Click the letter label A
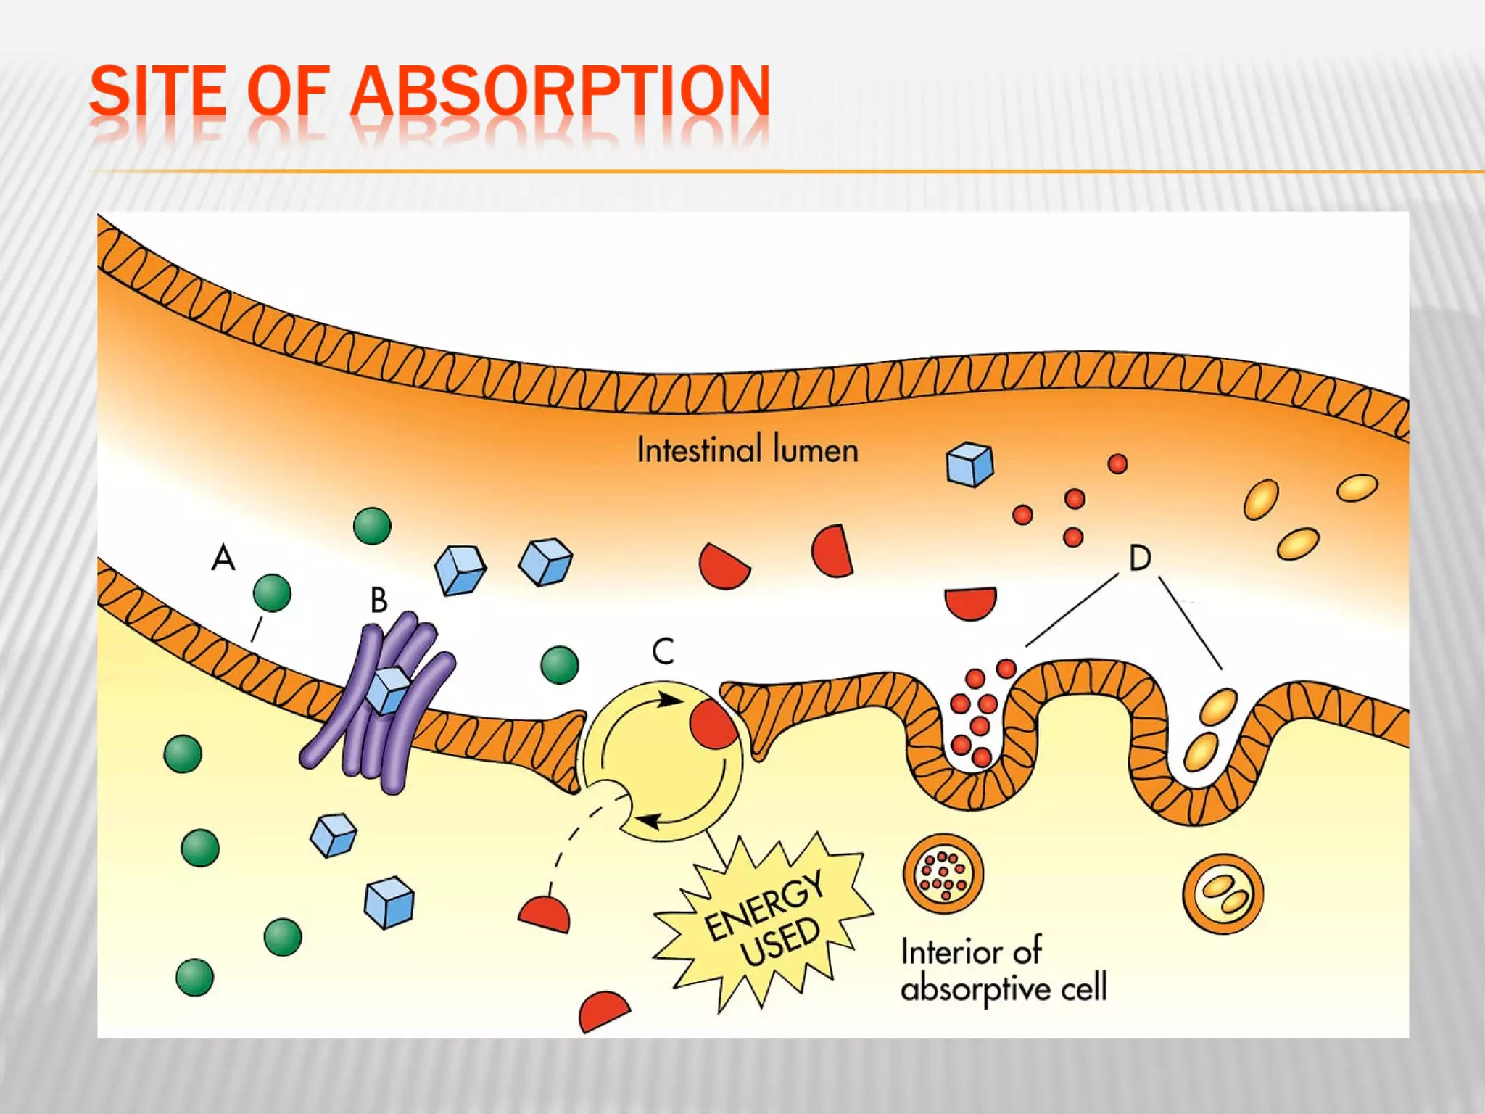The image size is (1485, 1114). pos(223,558)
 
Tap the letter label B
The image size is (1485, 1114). pos(379,601)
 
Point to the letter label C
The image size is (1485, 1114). pos(663,651)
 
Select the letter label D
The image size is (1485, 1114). pos(1140,558)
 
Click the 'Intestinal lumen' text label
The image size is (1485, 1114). pos(747,450)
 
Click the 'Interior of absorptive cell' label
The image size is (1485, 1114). pos(1003,970)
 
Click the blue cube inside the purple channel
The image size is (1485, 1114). pos(388,690)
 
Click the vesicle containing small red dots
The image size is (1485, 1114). pos(943,873)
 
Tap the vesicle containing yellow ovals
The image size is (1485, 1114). pos(1223,894)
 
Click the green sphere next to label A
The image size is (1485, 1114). pos(272,593)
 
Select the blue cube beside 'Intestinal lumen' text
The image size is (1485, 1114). pos(969,464)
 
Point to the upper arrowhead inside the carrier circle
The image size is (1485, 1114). pos(671,700)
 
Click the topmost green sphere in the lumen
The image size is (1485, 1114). pos(372,526)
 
